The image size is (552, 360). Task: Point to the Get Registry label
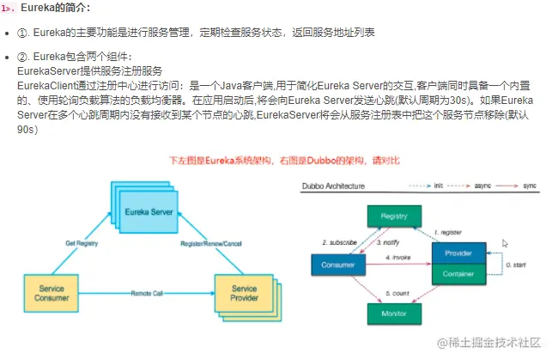[x=82, y=243]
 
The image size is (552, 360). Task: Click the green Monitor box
[x=393, y=314]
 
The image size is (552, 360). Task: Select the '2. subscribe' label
[x=340, y=242]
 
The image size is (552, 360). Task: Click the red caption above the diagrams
[x=283, y=161]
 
